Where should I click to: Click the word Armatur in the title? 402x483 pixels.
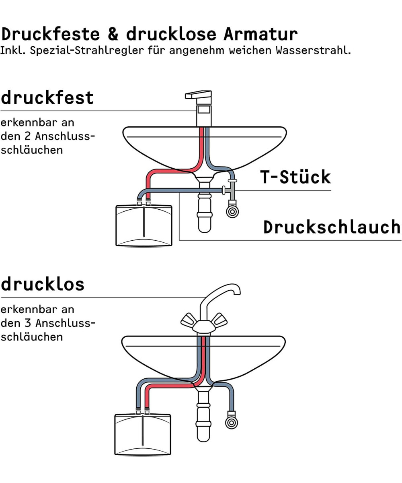click(260, 34)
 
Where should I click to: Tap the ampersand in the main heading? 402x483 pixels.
click(113, 34)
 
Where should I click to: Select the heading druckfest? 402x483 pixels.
click(47, 97)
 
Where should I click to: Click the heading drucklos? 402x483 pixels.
click(43, 284)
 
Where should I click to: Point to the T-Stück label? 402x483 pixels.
click(295, 177)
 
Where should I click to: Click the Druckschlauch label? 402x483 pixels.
click(332, 227)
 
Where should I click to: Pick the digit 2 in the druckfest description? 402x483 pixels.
click(27, 136)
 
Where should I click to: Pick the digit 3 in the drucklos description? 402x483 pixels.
click(28, 323)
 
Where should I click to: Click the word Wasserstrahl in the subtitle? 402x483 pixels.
click(313, 50)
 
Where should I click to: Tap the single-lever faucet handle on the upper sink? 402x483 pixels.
click(198, 95)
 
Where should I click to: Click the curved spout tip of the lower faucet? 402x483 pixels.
click(237, 292)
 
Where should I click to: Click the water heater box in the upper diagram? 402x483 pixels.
click(144, 225)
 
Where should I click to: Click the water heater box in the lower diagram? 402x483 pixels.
click(143, 435)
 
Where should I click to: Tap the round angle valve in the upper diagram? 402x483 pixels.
click(232, 211)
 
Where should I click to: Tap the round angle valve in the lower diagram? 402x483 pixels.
click(231, 422)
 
